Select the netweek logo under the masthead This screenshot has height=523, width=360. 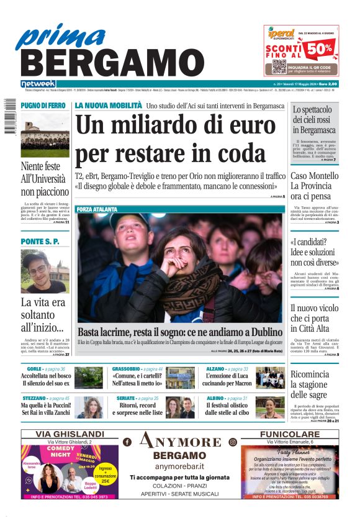point(38,83)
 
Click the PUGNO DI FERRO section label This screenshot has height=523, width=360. point(43,106)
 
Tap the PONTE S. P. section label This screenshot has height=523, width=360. point(40,241)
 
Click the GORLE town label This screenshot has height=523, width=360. point(34,369)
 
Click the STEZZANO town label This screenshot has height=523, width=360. point(34,398)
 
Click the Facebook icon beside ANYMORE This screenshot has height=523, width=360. point(127,442)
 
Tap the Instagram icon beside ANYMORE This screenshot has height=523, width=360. point(233,442)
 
